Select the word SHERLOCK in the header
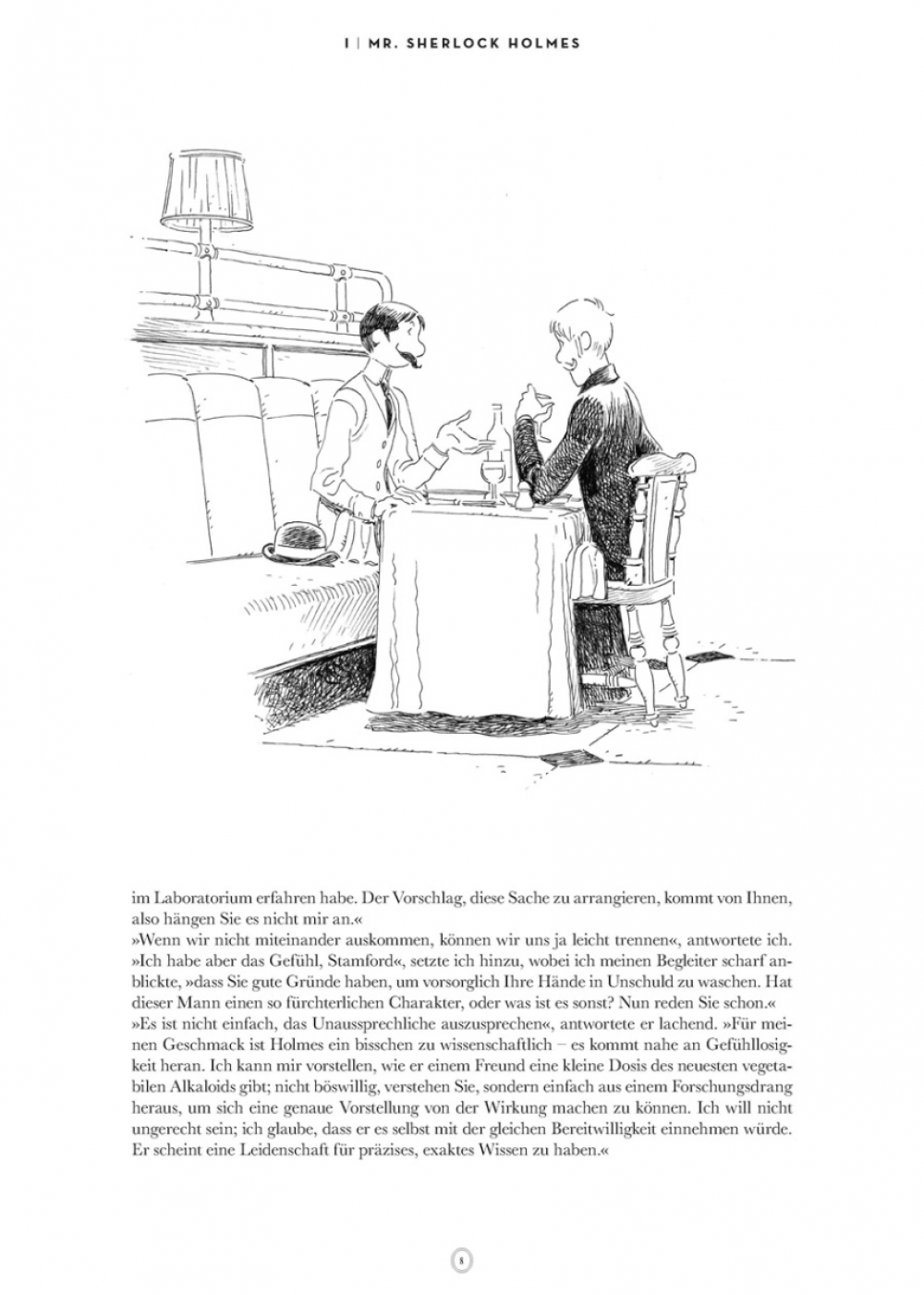456,43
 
